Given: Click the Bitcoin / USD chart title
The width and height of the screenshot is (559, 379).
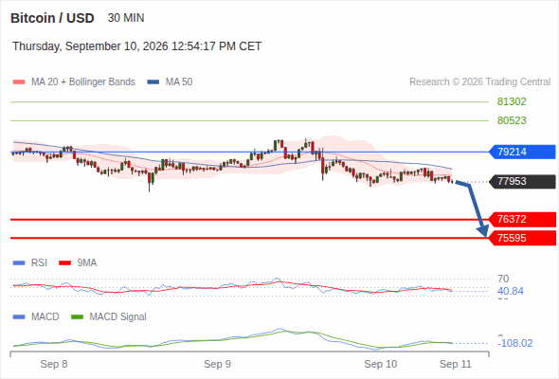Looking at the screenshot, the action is [52, 18].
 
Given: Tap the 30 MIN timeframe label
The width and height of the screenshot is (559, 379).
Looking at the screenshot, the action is [126, 18].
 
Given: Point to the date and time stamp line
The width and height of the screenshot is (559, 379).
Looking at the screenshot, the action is [136, 46].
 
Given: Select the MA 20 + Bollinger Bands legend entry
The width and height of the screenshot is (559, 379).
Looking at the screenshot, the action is [74, 82].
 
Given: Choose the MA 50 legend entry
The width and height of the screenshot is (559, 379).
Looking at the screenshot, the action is [170, 82].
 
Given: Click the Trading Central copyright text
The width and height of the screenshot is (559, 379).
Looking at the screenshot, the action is [479, 82].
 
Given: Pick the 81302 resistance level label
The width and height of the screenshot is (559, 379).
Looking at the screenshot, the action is [512, 102].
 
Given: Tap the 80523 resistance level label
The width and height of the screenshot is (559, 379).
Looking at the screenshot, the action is [512, 120].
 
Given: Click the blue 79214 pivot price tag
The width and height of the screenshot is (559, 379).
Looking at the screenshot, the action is [522, 152].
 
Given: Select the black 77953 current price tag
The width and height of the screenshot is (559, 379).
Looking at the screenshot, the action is [522, 182].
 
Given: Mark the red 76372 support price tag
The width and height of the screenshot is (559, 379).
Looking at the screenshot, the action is [522, 219].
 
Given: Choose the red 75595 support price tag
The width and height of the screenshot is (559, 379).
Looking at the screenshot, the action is [522, 238].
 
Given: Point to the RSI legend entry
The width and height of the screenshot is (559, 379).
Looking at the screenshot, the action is [30, 262].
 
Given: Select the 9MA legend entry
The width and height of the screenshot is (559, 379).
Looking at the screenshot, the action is [78, 262].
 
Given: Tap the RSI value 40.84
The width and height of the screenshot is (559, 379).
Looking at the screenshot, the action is [511, 291].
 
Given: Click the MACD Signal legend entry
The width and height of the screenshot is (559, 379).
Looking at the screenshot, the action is [109, 316].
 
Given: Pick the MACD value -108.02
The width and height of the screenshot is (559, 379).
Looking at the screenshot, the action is [515, 343].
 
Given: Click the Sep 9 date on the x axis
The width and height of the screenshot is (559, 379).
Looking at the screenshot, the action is [218, 364].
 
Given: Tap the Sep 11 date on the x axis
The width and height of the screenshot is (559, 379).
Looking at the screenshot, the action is [456, 364].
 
